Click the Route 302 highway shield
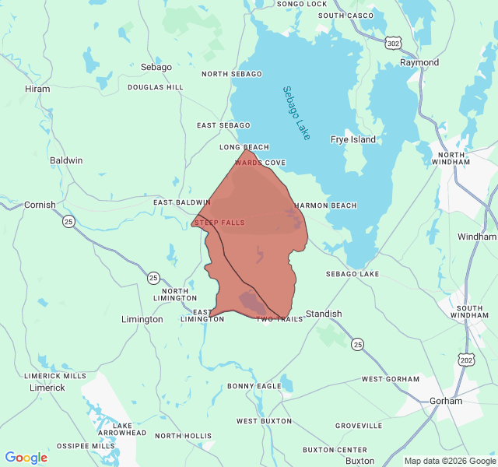point(394,44)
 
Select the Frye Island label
point(352,140)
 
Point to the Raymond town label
point(419,62)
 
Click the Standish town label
point(323,314)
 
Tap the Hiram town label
point(37,90)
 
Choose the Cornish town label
point(40,205)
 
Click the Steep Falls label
point(219,223)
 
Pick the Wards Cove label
point(261,163)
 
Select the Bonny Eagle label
point(254,386)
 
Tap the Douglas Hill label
point(156,87)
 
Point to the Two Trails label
point(279,319)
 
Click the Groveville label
point(359,427)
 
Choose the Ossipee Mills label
point(86,446)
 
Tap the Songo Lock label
point(302,4)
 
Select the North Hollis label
point(183,437)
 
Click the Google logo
point(26,458)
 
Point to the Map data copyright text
point(449,461)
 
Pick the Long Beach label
point(244,147)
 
